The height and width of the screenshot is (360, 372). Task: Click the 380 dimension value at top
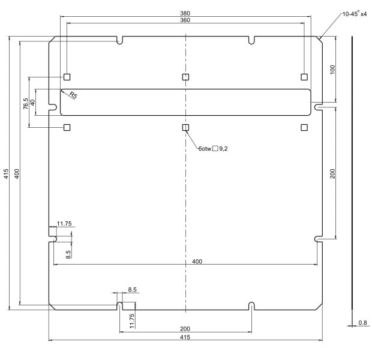coord(185,13)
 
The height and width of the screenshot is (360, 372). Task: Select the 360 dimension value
coord(185,20)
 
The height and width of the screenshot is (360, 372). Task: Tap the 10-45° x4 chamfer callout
coord(355,14)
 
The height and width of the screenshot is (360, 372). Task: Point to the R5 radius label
coord(73,95)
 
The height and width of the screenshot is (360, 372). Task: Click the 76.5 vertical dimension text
coord(26,104)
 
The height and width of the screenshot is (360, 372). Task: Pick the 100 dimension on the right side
coord(332,70)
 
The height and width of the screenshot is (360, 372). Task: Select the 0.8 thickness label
coord(362,323)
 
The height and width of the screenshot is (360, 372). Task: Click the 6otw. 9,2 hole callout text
coord(213,149)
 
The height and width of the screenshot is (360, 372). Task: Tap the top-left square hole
coord(67,77)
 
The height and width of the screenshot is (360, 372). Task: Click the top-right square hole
coord(304,77)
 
